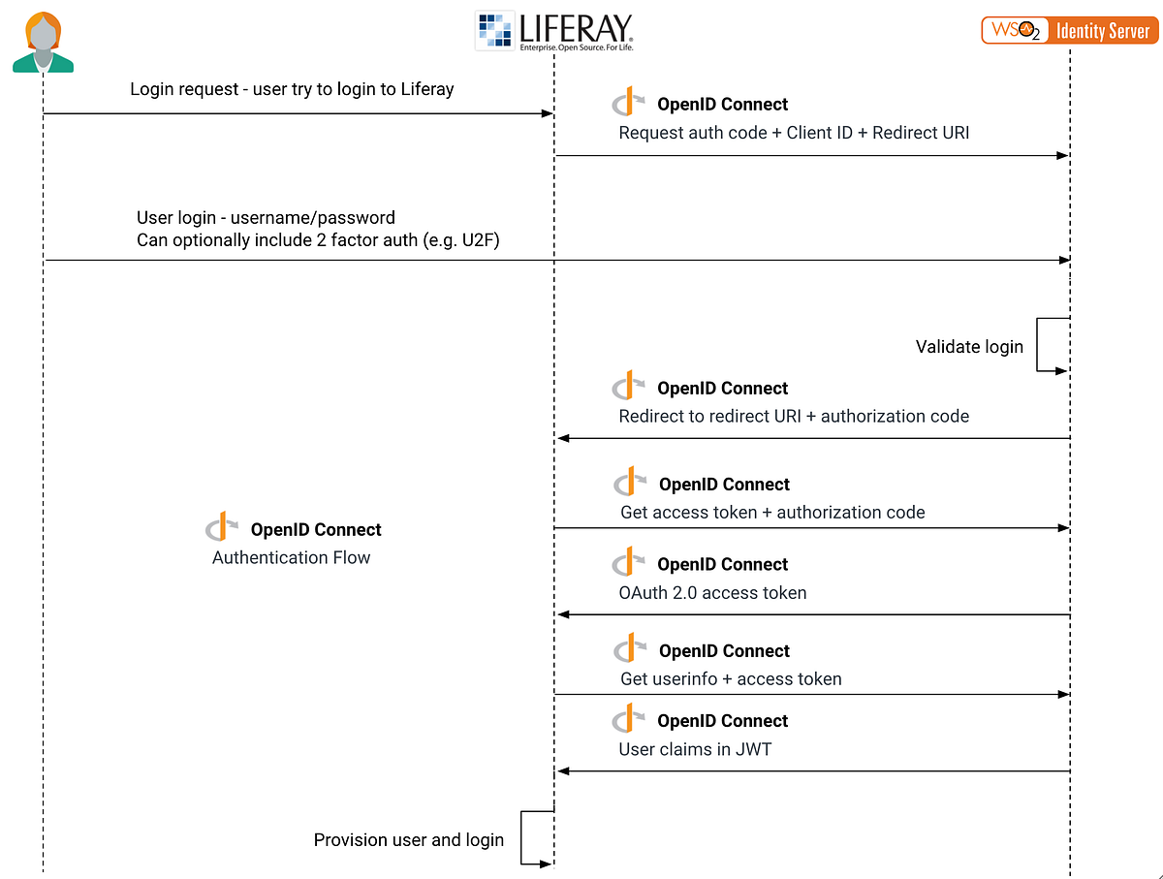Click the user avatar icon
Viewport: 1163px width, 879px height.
pos(43,42)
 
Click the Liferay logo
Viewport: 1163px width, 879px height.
pos(553,31)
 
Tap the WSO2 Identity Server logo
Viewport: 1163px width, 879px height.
pos(1067,30)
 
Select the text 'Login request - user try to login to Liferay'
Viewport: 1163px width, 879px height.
pos(292,89)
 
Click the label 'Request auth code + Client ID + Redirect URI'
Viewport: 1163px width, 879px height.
pos(794,133)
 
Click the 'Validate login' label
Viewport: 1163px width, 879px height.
pos(969,347)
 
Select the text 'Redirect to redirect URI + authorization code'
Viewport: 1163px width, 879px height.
pos(794,416)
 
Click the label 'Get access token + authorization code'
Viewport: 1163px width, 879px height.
pos(772,512)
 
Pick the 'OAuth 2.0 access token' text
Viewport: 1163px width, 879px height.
pos(712,592)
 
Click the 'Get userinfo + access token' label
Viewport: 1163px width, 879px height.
pos(731,678)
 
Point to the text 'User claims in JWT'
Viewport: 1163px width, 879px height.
pos(695,749)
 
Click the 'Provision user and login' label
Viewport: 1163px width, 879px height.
pos(408,840)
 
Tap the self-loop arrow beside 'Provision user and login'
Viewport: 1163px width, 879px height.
pos(536,837)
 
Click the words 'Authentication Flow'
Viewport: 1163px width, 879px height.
pos(291,557)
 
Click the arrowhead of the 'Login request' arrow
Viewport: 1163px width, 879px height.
pos(548,114)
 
